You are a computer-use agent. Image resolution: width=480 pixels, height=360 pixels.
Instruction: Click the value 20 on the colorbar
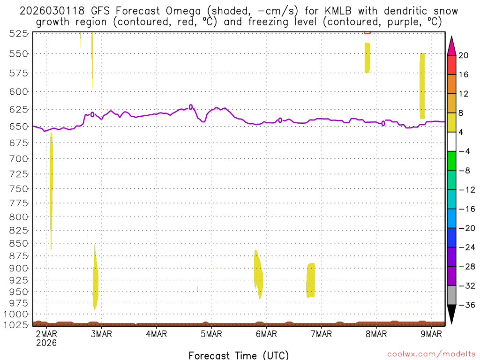tap(464, 55)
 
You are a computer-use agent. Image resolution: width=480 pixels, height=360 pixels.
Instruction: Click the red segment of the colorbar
tap(451, 65)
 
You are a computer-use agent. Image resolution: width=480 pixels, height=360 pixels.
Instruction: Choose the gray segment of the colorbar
tap(451, 295)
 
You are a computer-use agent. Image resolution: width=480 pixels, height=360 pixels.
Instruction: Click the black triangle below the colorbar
tap(451, 314)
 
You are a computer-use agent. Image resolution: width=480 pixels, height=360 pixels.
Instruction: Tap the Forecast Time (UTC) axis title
tap(239, 355)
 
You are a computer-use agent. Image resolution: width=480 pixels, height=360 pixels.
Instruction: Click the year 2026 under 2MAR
tap(46, 343)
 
